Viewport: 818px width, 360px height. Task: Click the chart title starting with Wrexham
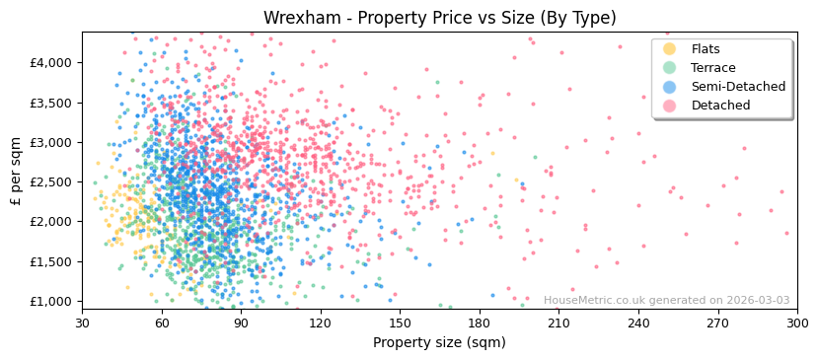pos(439,18)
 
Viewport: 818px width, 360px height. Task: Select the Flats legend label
pos(706,49)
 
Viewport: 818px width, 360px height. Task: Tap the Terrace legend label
pos(713,68)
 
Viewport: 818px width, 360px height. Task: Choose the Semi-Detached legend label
pos(738,87)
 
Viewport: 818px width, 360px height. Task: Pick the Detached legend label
pos(720,106)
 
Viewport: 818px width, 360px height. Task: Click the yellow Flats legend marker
pos(670,49)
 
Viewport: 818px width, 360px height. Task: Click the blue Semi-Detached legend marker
pos(670,87)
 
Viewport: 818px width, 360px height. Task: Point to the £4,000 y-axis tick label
pos(51,62)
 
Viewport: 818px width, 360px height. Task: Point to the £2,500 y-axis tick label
pos(51,181)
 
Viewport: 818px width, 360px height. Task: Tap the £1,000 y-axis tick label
pos(51,301)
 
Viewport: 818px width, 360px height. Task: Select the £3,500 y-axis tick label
pos(51,103)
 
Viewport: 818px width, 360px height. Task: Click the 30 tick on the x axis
pos(82,323)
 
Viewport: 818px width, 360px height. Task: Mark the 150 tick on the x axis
pos(400,323)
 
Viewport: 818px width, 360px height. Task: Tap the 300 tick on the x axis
pos(796,323)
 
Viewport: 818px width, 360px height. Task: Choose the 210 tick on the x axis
pos(558,323)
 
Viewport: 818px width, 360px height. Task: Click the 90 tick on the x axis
pos(241,323)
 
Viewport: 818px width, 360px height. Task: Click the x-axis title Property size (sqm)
pos(439,342)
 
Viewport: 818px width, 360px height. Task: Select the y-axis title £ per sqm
pos(17,171)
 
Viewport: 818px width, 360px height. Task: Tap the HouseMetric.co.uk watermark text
pos(666,301)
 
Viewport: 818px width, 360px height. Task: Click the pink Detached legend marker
pos(670,106)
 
